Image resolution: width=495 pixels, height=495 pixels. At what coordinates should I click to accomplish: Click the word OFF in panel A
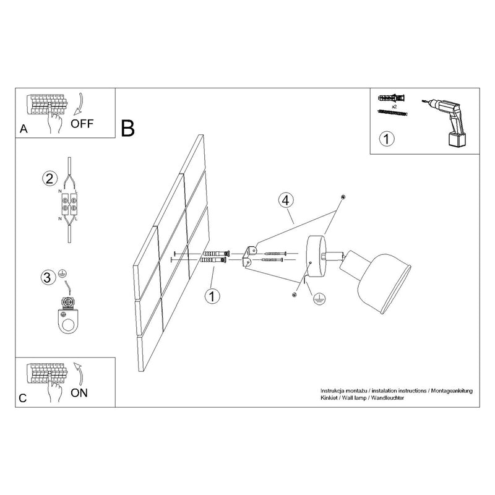pos(82,123)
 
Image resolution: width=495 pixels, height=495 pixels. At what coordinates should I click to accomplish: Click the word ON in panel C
pos(79,393)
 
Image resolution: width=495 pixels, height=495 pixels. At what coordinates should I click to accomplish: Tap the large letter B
pos(127,128)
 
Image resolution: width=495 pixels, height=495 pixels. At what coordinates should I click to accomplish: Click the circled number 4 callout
pos(286,200)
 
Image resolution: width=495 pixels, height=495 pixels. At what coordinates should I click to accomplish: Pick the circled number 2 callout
pos(49,179)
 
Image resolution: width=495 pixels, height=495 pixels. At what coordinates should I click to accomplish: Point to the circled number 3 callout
pos(48,277)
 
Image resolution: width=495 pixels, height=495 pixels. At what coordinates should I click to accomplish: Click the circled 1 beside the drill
pos(387,139)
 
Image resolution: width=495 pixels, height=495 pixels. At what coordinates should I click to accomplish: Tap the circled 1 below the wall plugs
pos(212,296)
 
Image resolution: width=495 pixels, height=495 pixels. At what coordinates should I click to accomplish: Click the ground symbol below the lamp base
pos(319,298)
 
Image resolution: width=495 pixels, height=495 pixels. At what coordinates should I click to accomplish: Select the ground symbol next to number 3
pos(62,274)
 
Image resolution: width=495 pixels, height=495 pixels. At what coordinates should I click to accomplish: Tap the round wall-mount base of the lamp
pos(317,257)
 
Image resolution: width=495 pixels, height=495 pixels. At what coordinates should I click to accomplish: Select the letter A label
pos(24,129)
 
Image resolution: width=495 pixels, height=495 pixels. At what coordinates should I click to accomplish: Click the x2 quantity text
pos(394,106)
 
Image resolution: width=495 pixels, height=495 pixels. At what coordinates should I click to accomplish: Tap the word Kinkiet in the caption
pos(329,398)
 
